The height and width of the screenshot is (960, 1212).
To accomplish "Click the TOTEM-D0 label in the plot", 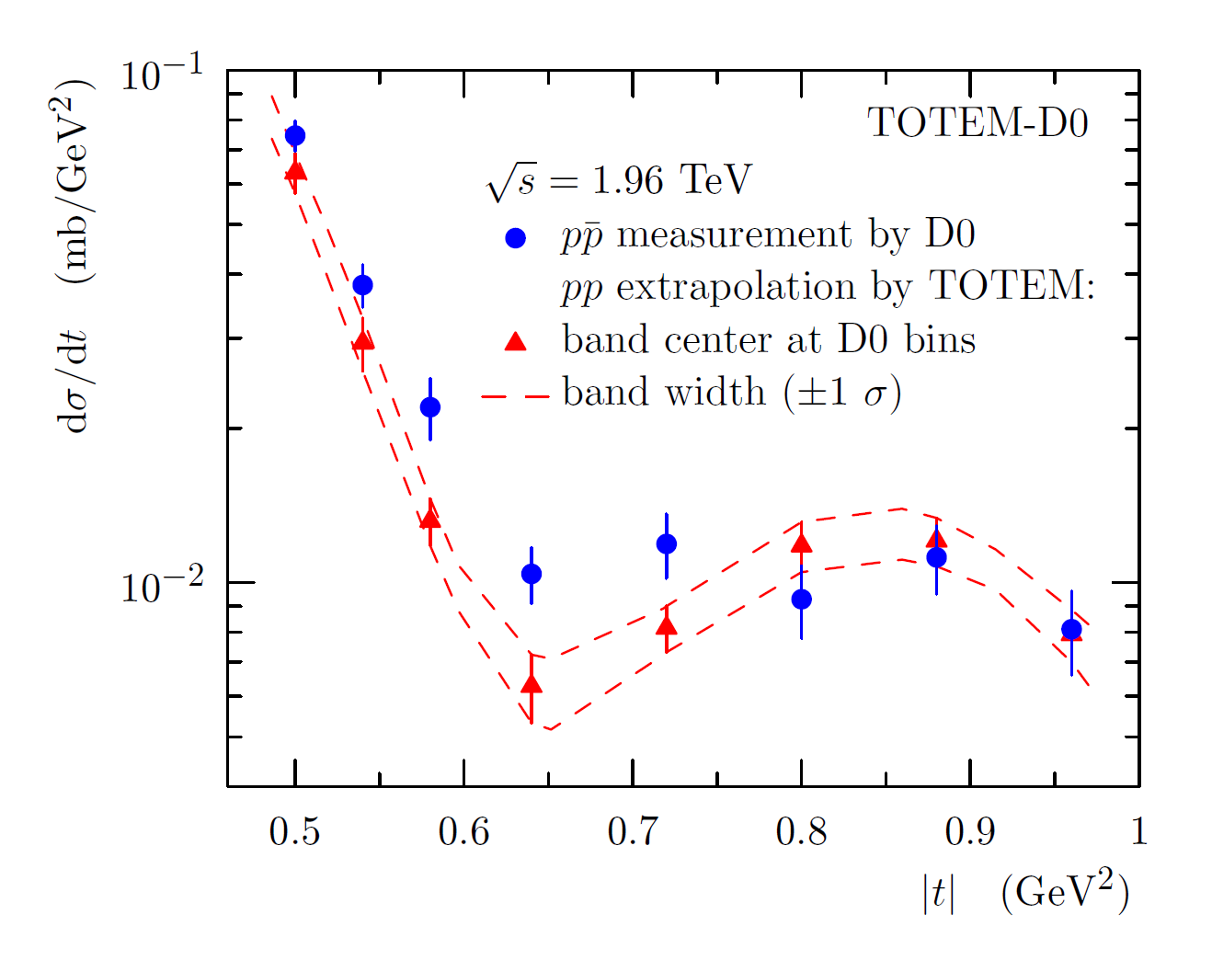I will tap(978, 122).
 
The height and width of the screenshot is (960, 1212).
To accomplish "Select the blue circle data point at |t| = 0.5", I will tap(295, 136).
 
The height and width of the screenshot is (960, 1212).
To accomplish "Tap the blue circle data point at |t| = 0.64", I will tap(532, 574).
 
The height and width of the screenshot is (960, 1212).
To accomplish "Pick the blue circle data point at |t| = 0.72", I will tap(667, 544).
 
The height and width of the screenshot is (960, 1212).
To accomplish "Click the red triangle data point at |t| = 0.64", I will tap(532, 684).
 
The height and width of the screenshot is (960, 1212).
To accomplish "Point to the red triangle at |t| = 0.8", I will tap(802, 543).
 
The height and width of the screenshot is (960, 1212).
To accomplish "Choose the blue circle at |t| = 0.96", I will tap(1071, 630).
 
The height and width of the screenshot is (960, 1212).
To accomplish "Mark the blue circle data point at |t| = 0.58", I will tap(430, 406).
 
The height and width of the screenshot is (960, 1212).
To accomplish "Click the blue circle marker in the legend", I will tap(516, 238).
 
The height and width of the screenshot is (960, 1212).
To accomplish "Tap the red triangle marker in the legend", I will tap(516, 342).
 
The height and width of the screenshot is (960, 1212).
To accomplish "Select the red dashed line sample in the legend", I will tap(515, 395).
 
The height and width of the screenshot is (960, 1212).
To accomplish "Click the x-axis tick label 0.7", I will tap(633, 831).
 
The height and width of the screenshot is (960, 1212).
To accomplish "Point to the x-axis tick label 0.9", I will tap(970, 831).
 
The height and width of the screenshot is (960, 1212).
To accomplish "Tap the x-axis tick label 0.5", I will tap(294, 831).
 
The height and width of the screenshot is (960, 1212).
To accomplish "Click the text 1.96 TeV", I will tap(671, 180).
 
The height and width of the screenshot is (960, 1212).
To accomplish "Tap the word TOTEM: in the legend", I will tap(1012, 287).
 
